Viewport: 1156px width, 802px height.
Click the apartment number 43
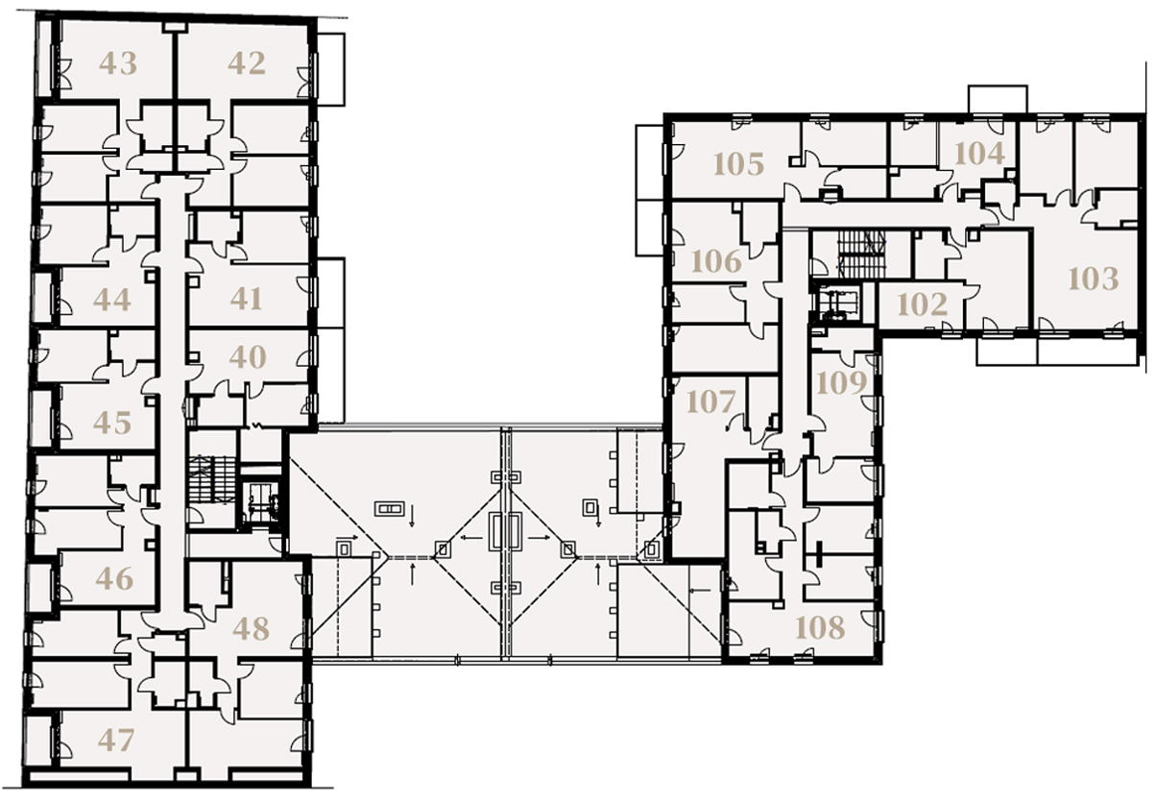point(118,63)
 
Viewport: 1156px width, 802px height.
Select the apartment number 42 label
point(247,63)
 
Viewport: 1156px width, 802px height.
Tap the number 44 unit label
point(112,300)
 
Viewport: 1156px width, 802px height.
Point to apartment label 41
point(246,299)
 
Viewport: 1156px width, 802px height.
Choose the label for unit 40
point(247,357)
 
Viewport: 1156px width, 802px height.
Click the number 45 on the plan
point(112,423)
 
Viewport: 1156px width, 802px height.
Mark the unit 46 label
point(114,578)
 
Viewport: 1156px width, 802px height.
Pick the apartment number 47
point(116,740)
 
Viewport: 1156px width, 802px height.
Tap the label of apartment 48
point(251,629)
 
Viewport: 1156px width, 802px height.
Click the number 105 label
point(738,164)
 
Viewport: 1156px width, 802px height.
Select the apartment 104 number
point(979,154)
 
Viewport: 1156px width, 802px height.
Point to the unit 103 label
point(1093,279)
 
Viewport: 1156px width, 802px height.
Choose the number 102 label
point(923,304)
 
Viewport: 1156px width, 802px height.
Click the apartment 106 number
point(716,261)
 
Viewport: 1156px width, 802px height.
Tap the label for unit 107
point(710,401)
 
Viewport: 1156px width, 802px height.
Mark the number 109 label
point(842,382)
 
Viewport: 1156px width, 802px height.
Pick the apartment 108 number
point(820,627)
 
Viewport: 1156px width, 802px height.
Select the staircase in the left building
point(212,478)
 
